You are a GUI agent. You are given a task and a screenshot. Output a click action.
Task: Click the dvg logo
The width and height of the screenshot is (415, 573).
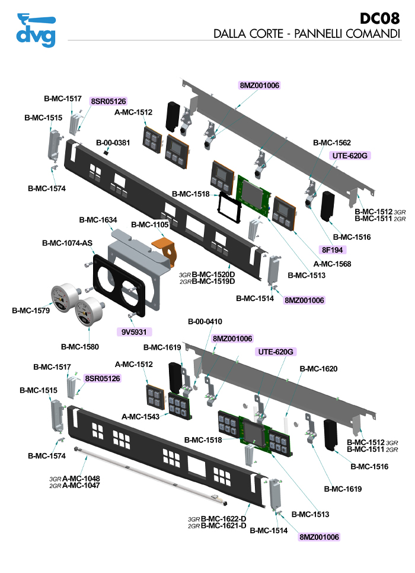pyautogui.click(x=36, y=30)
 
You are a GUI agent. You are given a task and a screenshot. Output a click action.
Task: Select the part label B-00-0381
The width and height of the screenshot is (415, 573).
pyautogui.click(x=113, y=143)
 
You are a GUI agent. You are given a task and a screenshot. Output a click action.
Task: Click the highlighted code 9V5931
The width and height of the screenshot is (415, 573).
pyautogui.click(x=135, y=331)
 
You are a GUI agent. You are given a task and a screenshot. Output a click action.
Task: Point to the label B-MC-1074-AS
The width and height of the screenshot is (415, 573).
pyautogui.click(x=67, y=243)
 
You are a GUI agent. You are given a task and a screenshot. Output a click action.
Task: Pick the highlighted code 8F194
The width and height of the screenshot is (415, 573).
pyautogui.click(x=334, y=249)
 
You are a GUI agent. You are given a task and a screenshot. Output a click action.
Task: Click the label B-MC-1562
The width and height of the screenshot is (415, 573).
pyautogui.click(x=331, y=143)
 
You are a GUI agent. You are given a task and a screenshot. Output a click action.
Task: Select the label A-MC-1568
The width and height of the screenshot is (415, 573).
pyautogui.click(x=332, y=264)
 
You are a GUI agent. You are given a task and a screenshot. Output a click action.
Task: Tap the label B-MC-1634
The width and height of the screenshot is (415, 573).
pyautogui.click(x=98, y=220)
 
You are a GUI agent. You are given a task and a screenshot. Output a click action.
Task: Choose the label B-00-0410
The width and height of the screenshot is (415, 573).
pyautogui.click(x=205, y=321)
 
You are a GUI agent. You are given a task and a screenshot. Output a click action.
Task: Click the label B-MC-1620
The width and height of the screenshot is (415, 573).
pyautogui.click(x=318, y=369)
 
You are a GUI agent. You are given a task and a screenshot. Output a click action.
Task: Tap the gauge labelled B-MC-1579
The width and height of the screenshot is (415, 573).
pyautogui.click(x=63, y=297)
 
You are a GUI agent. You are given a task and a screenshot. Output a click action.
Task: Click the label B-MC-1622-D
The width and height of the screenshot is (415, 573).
pyautogui.click(x=224, y=518)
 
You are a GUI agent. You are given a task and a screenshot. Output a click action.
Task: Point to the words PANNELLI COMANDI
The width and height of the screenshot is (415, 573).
pyautogui.click(x=349, y=34)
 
